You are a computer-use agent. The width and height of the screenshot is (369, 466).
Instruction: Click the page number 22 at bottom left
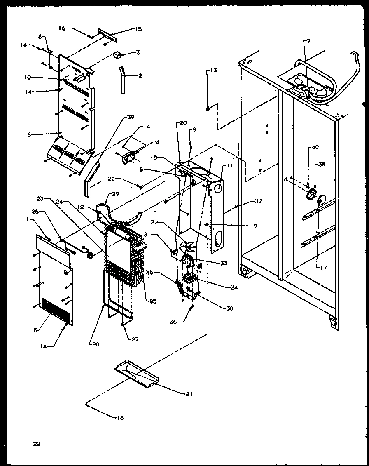tap(37, 444)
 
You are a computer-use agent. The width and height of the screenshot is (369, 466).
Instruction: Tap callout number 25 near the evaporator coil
tap(153, 301)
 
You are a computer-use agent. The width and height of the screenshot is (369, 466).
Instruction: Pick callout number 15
tap(138, 29)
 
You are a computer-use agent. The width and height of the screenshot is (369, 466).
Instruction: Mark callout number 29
tap(115, 193)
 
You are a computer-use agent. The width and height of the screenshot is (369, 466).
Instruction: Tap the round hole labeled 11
tap(219, 188)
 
